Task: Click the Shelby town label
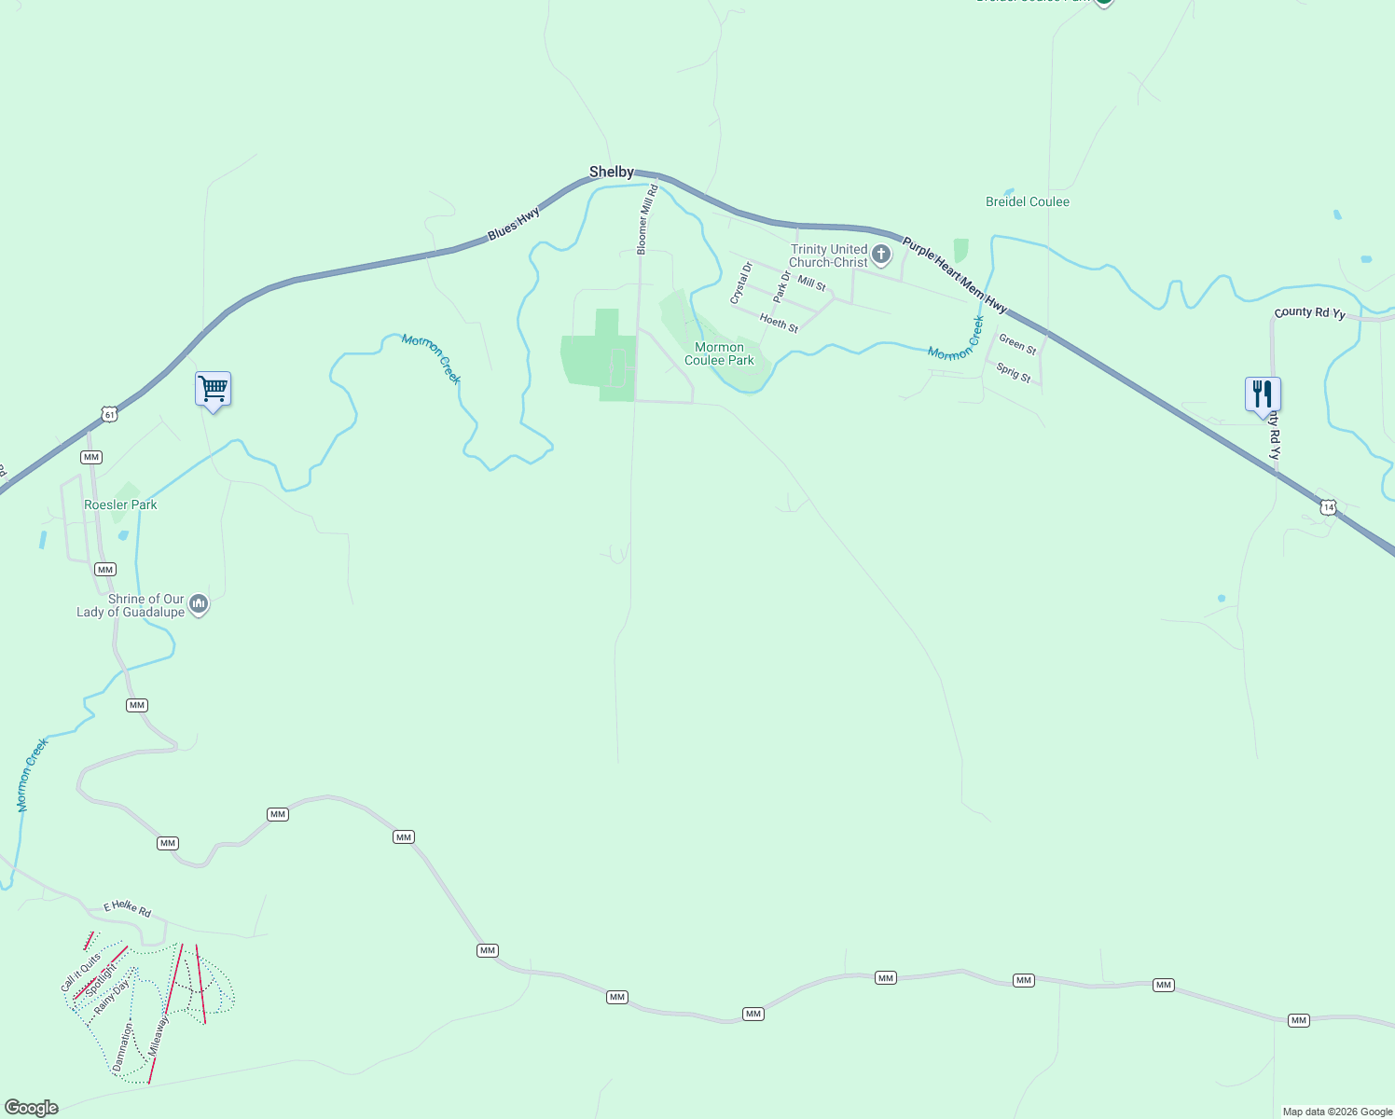tap(612, 172)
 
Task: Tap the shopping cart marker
tap(214, 388)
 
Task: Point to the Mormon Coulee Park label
tap(719, 353)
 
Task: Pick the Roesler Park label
tap(120, 504)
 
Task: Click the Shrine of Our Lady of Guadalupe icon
tap(198, 604)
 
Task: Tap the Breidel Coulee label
tap(1028, 201)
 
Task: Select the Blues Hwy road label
tap(514, 224)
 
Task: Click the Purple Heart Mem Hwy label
tap(954, 275)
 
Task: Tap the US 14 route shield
tap(1329, 507)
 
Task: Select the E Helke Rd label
tap(127, 907)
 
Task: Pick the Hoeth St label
tap(779, 323)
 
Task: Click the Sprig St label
tap(1014, 373)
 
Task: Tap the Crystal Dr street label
tap(741, 283)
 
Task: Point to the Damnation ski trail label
tap(123, 1046)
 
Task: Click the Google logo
tap(32, 1108)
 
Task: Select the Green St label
tap(1017, 344)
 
